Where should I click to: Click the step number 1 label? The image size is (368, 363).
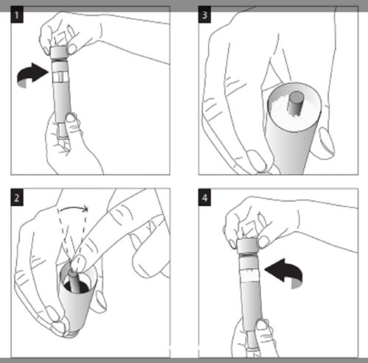click(x=17, y=15)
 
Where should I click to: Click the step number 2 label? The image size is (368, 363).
click(x=17, y=197)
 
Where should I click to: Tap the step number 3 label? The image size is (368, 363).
click(x=205, y=15)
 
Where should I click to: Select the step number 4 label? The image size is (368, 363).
click(x=205, y=197)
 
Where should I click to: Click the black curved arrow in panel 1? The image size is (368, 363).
click(x=32, y=74)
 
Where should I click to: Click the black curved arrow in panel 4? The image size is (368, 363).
click(x=285, y=271)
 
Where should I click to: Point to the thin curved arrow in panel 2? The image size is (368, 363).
click(x=74, y=208)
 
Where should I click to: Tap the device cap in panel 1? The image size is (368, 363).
click(x=59, y=52)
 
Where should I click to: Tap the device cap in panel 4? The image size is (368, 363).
click(x=247, y=246)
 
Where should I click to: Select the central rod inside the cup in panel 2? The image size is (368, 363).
click(x=74, y=281)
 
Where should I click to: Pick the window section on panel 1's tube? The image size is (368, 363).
click(x=60, y=77)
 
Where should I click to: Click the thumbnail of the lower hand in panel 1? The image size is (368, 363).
click(x=71, y=118)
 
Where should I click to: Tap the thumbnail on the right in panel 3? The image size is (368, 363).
click(x=327, y=141)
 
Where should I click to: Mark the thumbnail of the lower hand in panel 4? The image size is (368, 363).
click(x=261, y=325)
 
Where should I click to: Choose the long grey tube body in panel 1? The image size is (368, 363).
click(x=63, y=102)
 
